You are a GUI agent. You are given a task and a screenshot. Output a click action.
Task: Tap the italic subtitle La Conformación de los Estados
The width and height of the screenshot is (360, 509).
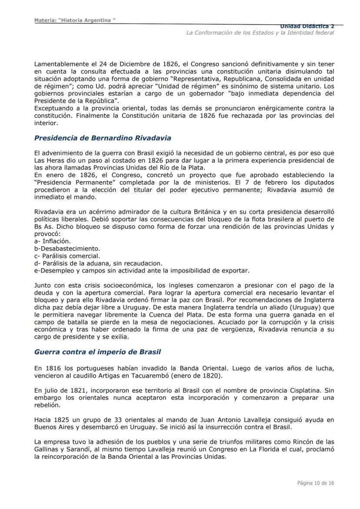[x=260, y=33]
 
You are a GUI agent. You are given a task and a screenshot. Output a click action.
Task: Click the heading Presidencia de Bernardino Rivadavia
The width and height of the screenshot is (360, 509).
[x=103, y=138]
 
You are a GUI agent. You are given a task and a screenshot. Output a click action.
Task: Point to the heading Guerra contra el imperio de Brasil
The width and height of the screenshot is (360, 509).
[x=98, y=352]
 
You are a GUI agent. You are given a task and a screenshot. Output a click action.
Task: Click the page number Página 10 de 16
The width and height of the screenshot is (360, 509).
[x=316, y=483]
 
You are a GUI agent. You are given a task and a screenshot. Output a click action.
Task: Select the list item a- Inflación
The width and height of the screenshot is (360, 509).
[x=52, y=241]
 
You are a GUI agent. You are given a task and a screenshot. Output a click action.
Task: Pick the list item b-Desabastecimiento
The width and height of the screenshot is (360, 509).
[x=67, y=249]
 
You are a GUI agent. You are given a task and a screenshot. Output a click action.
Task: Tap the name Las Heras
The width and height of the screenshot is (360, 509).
[x=48, y=161]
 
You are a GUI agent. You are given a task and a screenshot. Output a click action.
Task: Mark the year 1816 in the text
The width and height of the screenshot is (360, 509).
[x=50, y=368]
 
